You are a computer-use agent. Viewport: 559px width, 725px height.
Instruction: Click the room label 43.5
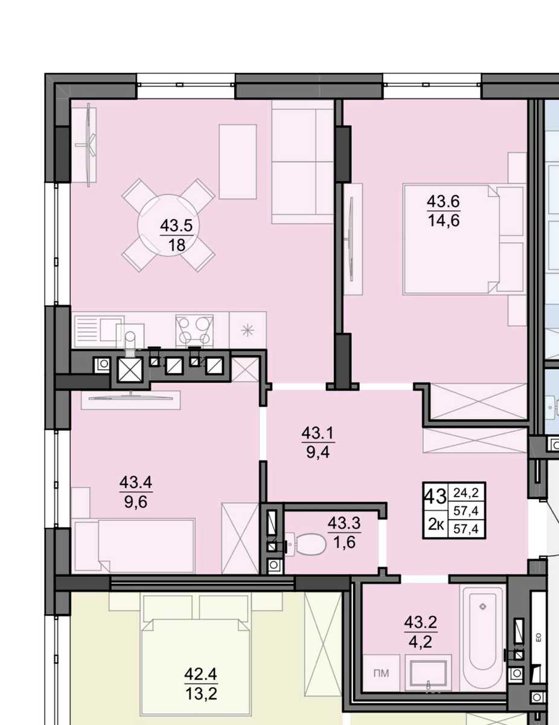[177, 226]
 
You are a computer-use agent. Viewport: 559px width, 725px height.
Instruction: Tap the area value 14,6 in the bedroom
[444, 221]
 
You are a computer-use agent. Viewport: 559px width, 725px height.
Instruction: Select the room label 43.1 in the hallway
[318, 433]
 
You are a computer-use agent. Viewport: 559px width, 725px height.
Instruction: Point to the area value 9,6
[136, 501]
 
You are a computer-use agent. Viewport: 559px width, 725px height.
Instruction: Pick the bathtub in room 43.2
[484, 638]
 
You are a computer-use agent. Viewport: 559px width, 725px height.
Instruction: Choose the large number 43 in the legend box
[435, 497]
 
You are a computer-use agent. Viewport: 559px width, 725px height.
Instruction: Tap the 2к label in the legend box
[436, 525]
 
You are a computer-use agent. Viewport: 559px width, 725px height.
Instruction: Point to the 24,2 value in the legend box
[466, 492]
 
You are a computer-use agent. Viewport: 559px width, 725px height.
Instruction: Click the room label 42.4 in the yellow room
[200, 674]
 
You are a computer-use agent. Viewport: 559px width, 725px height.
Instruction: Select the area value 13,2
[201, 695]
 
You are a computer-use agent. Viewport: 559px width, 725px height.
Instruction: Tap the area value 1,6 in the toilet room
[344, 542]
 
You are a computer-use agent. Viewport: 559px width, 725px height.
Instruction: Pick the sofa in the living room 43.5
[302, 162]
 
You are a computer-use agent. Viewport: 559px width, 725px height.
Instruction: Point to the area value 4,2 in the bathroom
[420, 642]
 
